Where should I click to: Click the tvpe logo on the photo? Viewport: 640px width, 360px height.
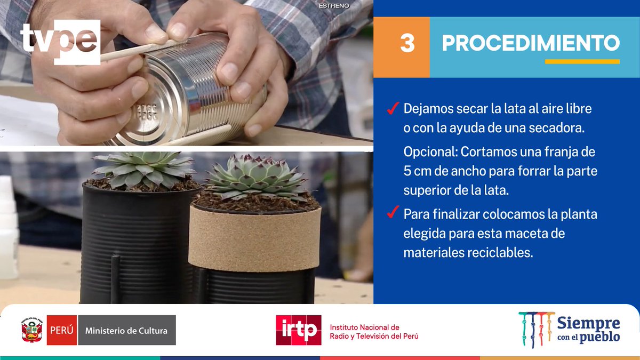click(x=60, y=42)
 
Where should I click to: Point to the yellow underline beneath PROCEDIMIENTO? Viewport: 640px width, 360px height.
click(x=582, y=62)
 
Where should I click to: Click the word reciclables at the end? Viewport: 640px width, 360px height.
click(x=501, y=253)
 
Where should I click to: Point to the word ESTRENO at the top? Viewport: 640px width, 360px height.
click(x=334, y=6)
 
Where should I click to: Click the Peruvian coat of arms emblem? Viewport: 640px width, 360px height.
click(x=32, y=330)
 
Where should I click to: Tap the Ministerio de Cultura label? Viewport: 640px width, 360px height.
click(x=126, y=330)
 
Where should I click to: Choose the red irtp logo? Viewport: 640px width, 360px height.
click(x=298, y=330)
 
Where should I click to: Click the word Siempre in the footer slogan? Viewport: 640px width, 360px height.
click(x=588, y=323)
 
